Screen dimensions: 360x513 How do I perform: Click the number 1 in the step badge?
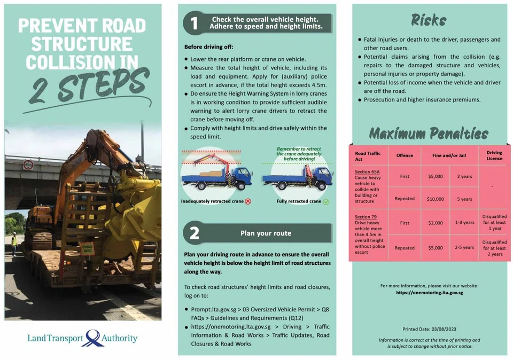(x=194, y=22)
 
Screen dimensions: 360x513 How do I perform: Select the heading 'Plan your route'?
(x=266, y=233)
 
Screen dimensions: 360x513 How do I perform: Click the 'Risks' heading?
(x=429, y=20)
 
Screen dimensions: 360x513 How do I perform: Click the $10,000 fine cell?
(x=436, y=199)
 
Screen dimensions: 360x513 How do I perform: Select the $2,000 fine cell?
(x=436, y=223)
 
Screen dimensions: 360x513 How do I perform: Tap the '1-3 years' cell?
(x=464, y=223)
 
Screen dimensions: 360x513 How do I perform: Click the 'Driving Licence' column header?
(x=494, y=155)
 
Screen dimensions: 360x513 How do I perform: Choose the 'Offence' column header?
(x=405, y=155)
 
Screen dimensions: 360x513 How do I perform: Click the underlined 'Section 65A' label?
(x=367, y=171)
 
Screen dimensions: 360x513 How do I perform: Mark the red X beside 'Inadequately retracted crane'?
(x=248, y=201)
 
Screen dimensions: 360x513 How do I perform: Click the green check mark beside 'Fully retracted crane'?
(x=326, y=201)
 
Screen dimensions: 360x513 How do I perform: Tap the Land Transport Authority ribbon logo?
(x=93, y=338)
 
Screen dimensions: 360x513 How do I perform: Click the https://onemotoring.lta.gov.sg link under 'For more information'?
(x=429, y=293)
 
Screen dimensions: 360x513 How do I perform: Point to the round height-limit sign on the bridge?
(x=28, y=165)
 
